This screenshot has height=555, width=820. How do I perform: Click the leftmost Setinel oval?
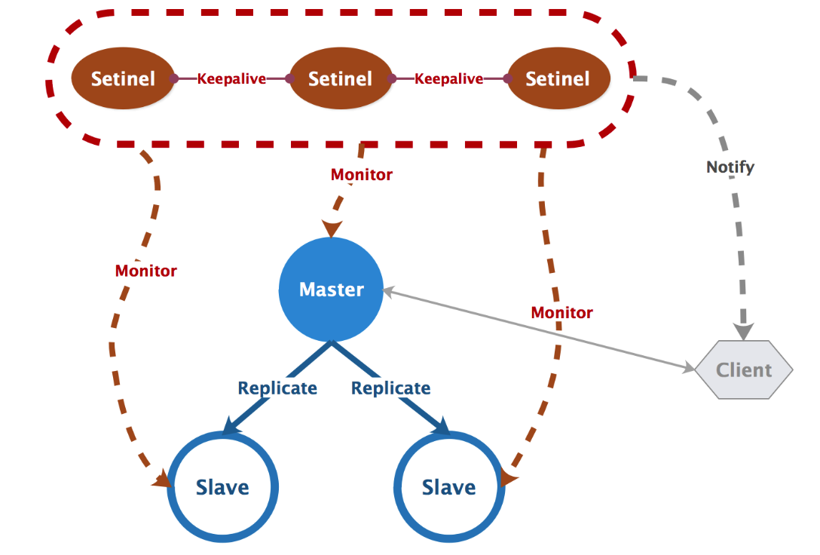(x=123, y=78)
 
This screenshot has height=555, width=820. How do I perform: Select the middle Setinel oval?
(x=341, y=78)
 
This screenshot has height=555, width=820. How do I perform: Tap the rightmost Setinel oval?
(x=558, y=78)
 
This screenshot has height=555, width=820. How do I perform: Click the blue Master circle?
(x=332, y=290)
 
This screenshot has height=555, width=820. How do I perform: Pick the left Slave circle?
(x=222, y=487)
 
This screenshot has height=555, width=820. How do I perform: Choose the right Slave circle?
(x=449, y=487)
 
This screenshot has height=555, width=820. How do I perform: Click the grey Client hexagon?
(x=744, y=370)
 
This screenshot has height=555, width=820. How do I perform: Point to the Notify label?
(x=730, y=167)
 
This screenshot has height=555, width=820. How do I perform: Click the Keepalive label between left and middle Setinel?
(x=231, y=78)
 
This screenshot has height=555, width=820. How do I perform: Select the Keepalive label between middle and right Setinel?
(x=449, y=78)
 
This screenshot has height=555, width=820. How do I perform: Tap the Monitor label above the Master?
(x=362, y=175)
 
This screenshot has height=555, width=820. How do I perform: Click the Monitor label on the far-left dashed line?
(x=146, y=271)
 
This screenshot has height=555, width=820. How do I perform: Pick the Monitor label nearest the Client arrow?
(x=562, y=312)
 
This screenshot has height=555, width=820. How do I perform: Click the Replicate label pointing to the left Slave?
(x=277, y=388)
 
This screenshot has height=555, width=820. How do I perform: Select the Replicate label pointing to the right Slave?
(x=391, y=388)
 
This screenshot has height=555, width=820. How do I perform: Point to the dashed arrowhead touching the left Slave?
(x=162, y=480)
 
